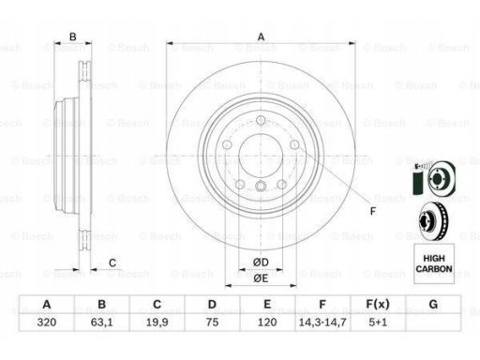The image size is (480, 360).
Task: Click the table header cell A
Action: pyautogui.click(x=47, y=304)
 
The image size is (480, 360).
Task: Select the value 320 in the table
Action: pyautogui.click(x=47, y=322)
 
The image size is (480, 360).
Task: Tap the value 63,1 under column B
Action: pyautogui.click(x=102, y=322)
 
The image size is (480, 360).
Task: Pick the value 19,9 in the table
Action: pyautogui.click(x=157, y=322)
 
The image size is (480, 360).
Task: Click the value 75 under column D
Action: pyautogui.click(x=212, y=322)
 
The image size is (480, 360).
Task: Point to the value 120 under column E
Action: pyautogui.click(x=267, y=322)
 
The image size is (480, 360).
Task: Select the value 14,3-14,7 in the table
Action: pyautogui.click(x=322, y=322)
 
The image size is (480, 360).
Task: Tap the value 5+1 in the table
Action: pyautogui.click(x=378, y=322)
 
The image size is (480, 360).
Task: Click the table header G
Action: pyautogui.click(x=433, y=304)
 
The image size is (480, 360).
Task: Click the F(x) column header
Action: pyautogui.click(x=378, y=304)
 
